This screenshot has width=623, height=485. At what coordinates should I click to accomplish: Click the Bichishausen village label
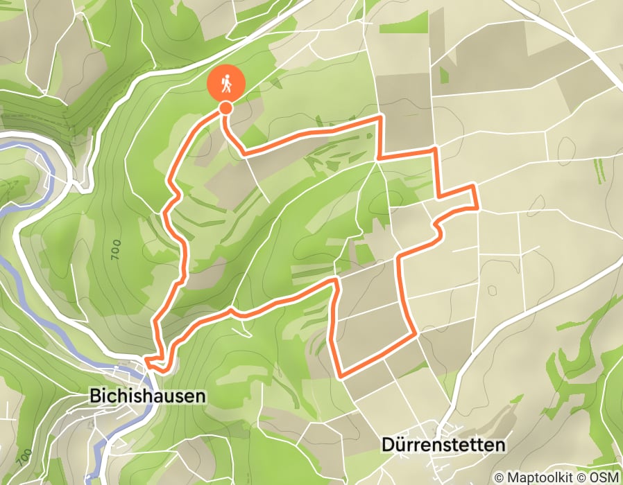pos(148,396)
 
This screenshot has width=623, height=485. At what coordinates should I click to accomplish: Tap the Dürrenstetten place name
pos(443,445)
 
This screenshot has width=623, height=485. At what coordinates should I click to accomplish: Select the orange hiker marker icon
pos(226,85)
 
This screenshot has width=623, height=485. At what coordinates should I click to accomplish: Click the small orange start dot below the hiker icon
pos(226,107)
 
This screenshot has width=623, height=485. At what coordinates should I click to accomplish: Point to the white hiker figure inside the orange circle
pos(226,84)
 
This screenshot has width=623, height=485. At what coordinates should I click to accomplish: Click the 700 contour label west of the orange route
pos(114,249)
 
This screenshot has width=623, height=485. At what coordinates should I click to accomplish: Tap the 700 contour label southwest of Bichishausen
pos(26,457)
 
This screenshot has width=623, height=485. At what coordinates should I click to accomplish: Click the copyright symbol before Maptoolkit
pos(499,477)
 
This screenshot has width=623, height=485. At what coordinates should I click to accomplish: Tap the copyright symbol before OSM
pos(583,477)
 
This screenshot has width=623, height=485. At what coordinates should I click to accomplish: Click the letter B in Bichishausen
pos(95,396)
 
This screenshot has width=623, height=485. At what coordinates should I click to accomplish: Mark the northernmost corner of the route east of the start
pos(380,118)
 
